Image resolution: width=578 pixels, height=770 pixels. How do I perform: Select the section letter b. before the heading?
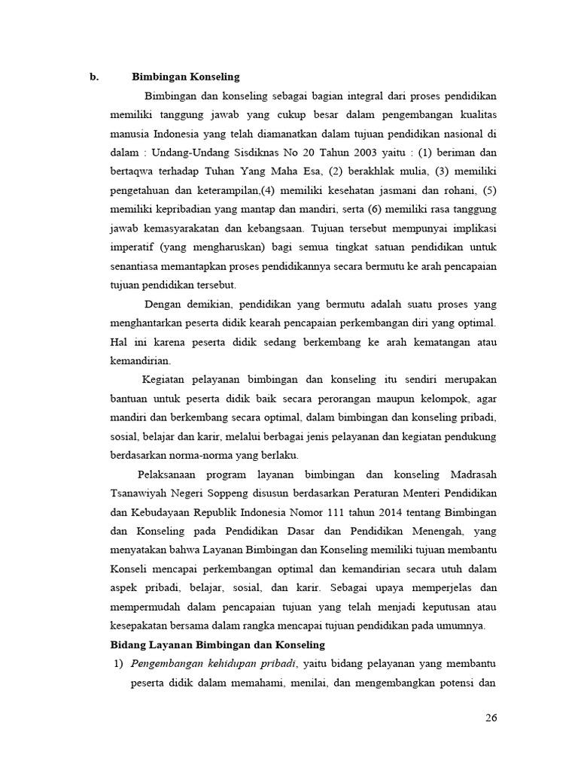[x=94, y=76]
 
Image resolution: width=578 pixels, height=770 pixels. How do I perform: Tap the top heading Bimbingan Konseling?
[x=185, y=76]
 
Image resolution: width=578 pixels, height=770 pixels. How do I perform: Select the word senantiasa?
[x=135, y=266]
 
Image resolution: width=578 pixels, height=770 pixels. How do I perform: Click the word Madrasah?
[x=473, y=474]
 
